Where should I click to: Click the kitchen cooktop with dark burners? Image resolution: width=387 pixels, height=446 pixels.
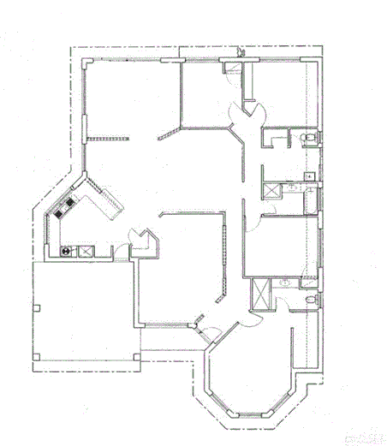click(64, 209)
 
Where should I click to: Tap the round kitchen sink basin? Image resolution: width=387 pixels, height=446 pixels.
click(67, 252)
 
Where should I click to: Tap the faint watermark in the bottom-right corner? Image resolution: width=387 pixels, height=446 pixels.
click(366, 437)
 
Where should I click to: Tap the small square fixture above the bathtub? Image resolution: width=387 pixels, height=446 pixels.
click(309, 175)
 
